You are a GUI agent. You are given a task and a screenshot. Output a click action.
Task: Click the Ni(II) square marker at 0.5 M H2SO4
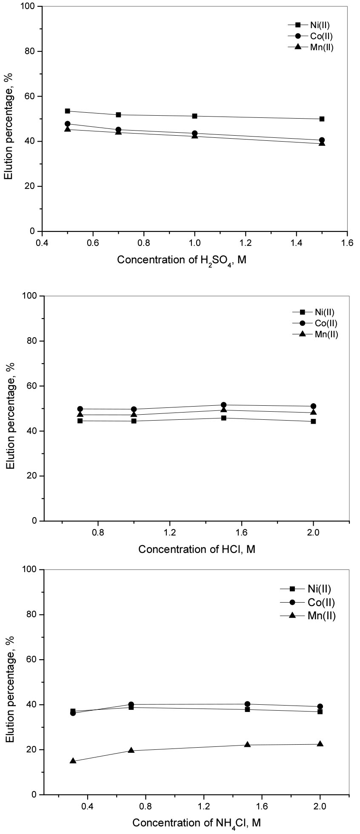click(x=67, y=111)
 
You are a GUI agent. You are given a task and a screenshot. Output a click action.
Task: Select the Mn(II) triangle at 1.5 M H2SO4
click(x=322, y=143)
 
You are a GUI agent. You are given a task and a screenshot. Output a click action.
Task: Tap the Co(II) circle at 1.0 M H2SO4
click(x=194, y=134)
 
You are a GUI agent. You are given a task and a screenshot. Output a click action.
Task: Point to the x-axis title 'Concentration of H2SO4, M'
click(x=182, y=260)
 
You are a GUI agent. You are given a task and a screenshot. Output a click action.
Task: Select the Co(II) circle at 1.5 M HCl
click(x=223, y=405)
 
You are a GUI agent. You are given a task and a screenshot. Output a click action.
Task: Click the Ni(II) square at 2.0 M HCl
click(x=313, y=421)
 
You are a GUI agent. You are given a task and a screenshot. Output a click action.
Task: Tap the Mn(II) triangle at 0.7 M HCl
click(x=80, y=414)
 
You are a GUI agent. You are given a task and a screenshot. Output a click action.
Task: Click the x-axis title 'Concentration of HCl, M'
click(x=197, y=549)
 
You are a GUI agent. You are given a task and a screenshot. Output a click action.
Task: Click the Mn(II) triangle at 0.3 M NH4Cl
click(x=73, y=761)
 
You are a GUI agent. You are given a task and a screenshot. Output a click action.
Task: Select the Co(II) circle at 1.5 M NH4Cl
click(x=247, y=704)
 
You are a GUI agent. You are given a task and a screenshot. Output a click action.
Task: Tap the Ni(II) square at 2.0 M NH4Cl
click(x=320, y=712)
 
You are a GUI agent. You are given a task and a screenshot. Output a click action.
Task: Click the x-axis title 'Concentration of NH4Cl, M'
click(x=196, y=823)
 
